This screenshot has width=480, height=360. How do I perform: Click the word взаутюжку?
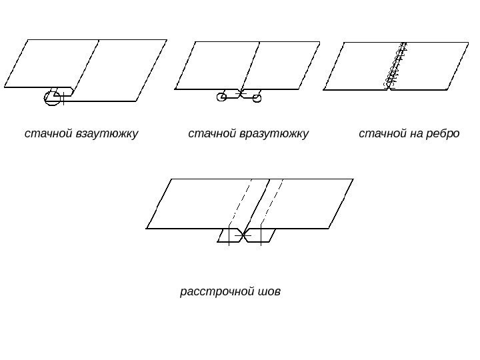click(107, 134)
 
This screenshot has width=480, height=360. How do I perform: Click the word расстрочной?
click(215, 292)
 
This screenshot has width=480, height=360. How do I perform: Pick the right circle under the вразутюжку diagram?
click(257, 99)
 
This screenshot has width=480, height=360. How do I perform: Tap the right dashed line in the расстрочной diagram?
click(273, 200)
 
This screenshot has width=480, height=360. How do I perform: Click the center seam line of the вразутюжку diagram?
click(251, 65)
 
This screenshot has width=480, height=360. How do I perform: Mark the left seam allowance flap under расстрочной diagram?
click(230, 235)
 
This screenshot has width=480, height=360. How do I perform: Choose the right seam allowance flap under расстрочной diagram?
click(262, 235)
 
